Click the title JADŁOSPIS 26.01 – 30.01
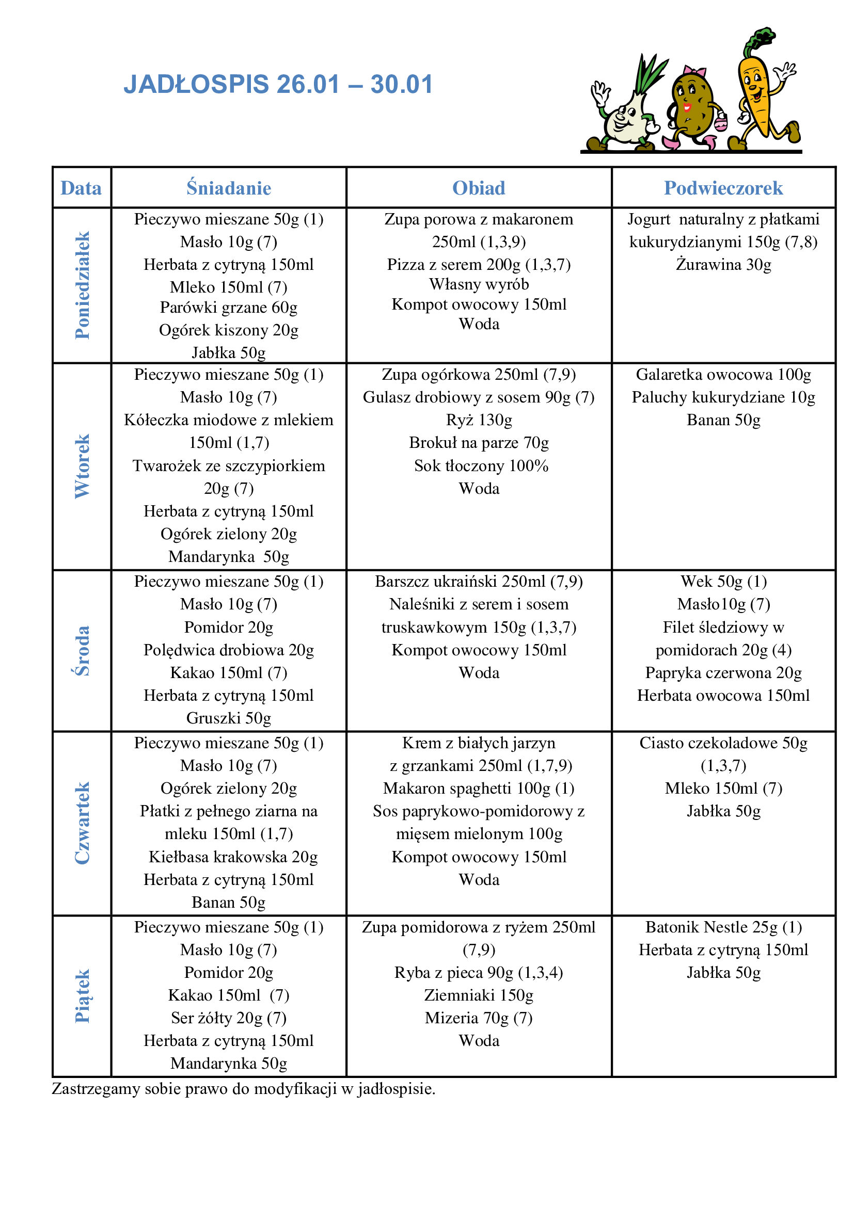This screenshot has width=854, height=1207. click(278, 84)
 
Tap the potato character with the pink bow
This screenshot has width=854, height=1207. click(691, 105)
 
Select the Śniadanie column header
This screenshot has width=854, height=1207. click(229, 188)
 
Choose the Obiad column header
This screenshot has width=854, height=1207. click(479, 188)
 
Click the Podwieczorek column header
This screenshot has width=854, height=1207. click(723, 188)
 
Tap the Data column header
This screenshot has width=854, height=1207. click(81, 188)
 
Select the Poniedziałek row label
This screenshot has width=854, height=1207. click(82, 285)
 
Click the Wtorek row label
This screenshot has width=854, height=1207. click(82, 466)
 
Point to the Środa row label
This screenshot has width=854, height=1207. click(82, 650)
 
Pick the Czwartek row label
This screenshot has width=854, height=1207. click(82, 823)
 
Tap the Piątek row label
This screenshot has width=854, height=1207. click(82, 995)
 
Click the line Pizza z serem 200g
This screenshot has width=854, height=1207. click(479, 264)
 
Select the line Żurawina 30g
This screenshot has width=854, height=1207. click(723, 264)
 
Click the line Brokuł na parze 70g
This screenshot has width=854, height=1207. click(479, 443)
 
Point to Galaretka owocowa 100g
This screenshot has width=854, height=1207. click(723, 374)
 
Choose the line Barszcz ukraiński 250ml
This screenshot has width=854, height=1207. click(479, 582)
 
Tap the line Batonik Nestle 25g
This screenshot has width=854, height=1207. click(723, 927)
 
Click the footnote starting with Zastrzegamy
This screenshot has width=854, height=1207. click(244, 1088)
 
